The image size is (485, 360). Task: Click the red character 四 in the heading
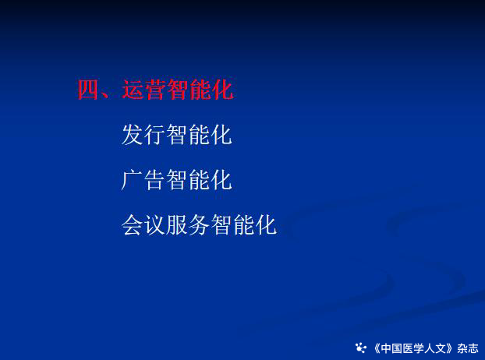pyautogui.click(x=88, y=90)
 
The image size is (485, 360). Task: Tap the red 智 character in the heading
pyautogui.click(x=177, y=90)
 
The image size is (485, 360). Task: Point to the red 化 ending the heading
pyautogui.click(x=222, y=90)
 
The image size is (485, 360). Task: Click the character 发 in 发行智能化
pyautogui.click(x=132, y=135)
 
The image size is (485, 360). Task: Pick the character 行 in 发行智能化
pyautogui.click(x=154, y=135)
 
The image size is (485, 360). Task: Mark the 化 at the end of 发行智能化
pyautogui.click(x=221, y=135)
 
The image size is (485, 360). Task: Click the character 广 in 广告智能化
pyautogui.click(x=132, y=180)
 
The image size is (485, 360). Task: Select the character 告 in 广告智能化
pyautogui.click(x=154, y=180)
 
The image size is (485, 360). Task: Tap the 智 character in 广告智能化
pyautogui.click(x=177, y=180)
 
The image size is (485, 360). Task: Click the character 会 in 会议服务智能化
pyautogui.click(x=132, y=225)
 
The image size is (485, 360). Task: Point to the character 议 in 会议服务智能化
pyautogui.click(x=154, y=225)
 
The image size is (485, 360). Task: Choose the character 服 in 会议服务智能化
pyautogui.click(x=177, y=225)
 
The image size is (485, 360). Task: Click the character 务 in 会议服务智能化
pyautogui.click(x=199, y=225)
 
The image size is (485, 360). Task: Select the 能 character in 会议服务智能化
pyautogui.click(x=244, y=225)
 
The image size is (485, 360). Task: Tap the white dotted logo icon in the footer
pyautogui.click(x=361, y=348)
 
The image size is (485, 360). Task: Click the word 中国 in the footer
pyautogui.click(x=391, y=348)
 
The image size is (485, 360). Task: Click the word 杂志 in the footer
pyautogui.click(x=468, y=348)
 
